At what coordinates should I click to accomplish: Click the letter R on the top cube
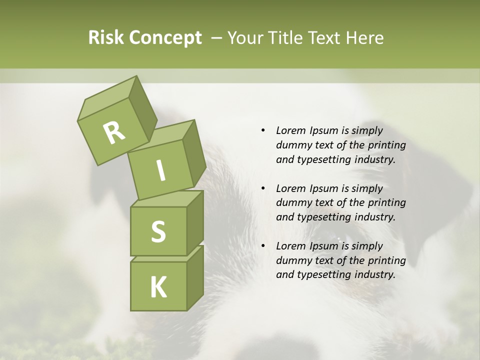coord(114,132)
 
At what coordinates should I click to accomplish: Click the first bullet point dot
coord(263,131)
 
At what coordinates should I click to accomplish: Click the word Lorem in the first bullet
coord(291,131)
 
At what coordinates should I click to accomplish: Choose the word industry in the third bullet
coord(374,274)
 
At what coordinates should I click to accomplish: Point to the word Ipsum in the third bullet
coord(323,246)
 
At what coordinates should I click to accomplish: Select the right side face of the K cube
coord(195,277)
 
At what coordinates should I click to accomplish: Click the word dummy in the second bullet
coord(293,203)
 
